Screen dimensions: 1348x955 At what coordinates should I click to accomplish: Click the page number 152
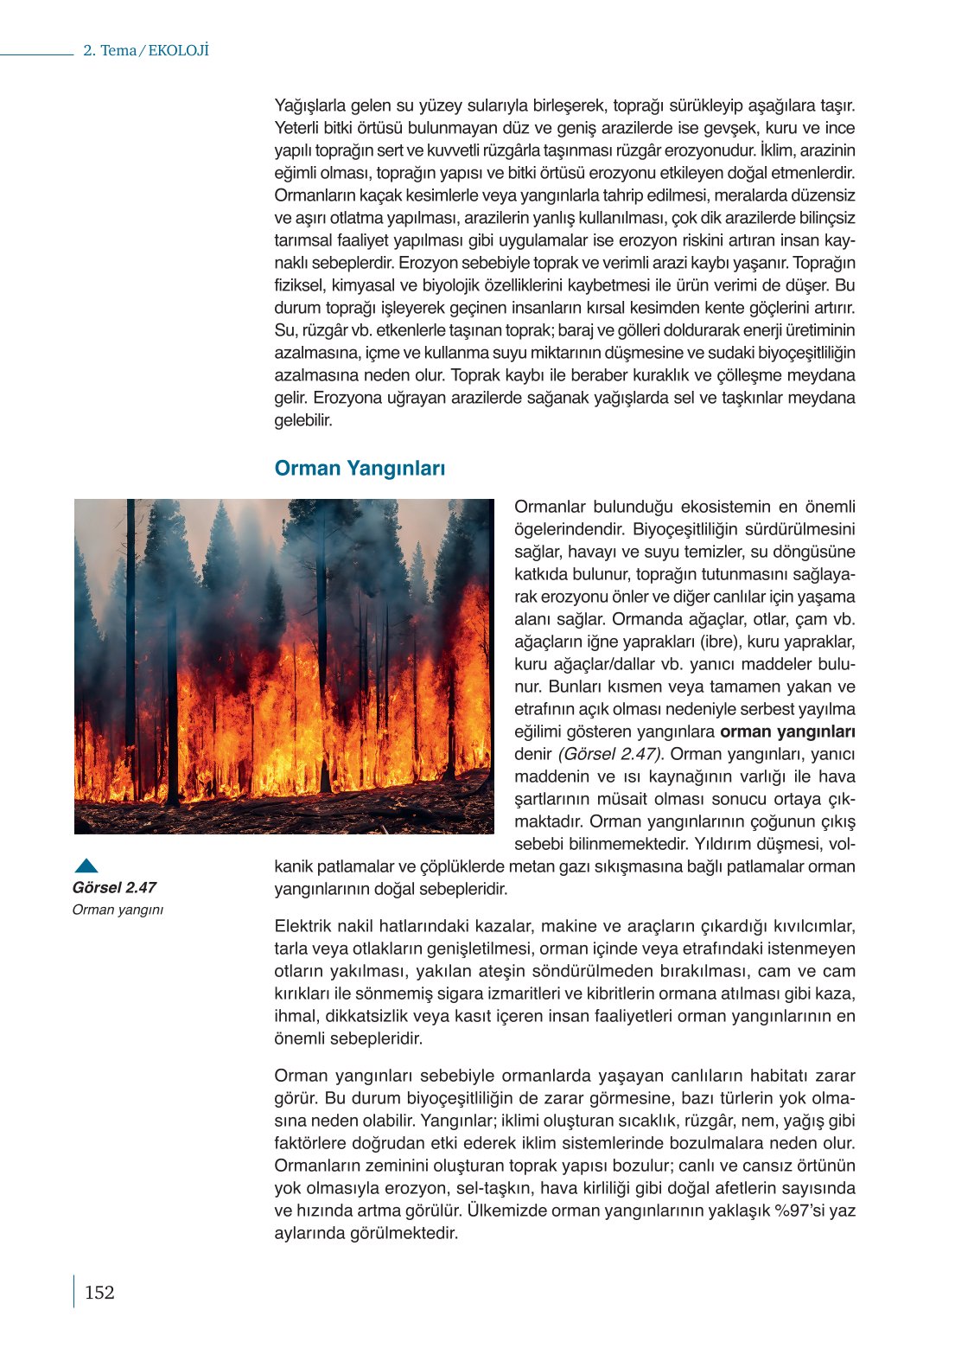[99, 1293]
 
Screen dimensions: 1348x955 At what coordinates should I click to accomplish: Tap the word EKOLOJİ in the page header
[179, 50]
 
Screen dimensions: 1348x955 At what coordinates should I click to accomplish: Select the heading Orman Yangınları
[360, 469]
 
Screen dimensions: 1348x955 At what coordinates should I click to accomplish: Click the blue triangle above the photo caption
[86, 866]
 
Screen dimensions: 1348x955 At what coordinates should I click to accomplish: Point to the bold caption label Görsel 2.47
[114, 887]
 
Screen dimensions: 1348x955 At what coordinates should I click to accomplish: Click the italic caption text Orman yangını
[118, 910]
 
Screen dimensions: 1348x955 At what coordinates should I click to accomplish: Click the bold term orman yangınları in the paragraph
[787, 731]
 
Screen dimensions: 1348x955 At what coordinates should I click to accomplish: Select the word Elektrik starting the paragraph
[305, 926]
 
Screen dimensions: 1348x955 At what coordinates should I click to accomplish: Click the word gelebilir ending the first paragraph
[303, 420]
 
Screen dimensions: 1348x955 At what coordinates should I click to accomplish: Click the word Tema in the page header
[118, 50]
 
